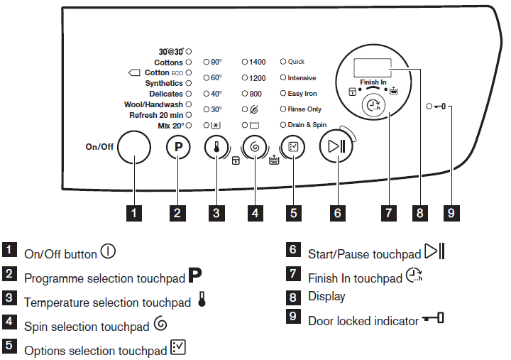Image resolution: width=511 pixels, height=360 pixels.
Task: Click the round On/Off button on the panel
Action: tap(135, 148)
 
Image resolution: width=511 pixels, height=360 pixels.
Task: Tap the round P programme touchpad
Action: tap(178, 148)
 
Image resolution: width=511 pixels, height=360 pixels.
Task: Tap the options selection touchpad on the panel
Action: tap(294, 148)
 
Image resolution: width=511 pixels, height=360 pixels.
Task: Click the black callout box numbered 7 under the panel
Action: tap(388, 212)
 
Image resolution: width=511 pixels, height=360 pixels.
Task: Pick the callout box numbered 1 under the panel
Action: tap(135, 212)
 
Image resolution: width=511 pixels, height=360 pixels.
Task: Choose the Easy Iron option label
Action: tap(302, 94)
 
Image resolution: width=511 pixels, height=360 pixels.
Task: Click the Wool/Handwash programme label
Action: tap(153, 104)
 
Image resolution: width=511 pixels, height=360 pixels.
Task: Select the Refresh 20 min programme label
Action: tap(155, 115)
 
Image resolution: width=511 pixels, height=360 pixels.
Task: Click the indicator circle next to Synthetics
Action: tap(189, 84)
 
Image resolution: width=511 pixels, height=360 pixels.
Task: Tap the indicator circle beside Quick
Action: tap(282, 62)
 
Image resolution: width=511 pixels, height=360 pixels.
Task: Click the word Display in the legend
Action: tap(326, 296)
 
